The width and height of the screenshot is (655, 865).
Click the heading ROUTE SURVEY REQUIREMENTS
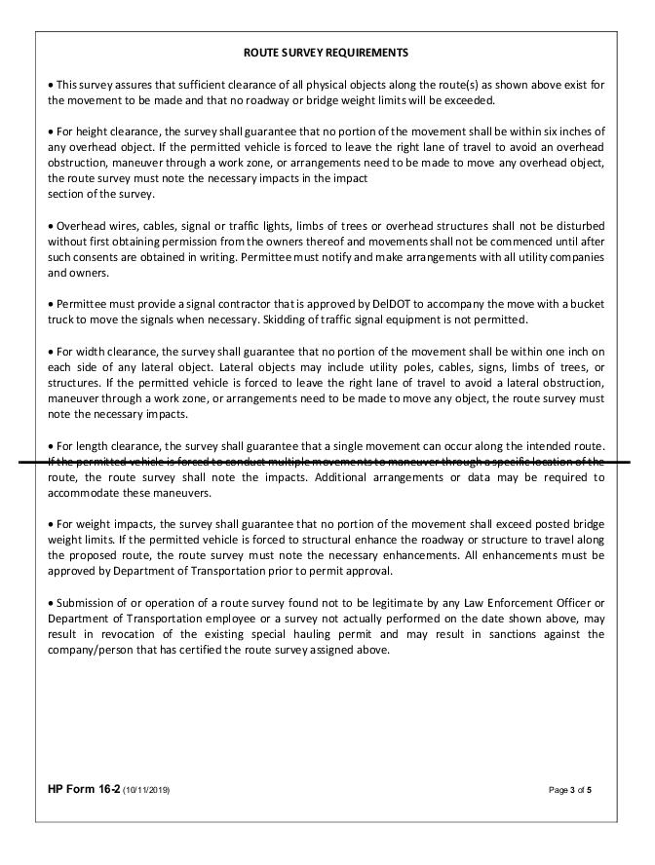click(x=326, y=52)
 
